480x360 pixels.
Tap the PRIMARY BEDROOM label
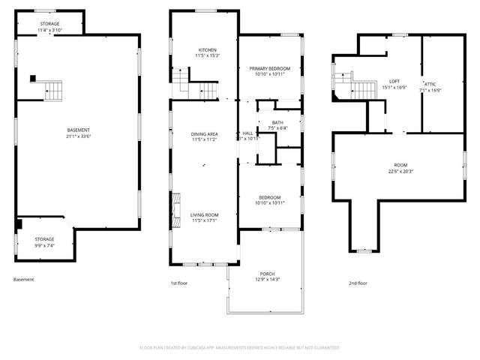(x=269, y=68)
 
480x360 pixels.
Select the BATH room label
(x=277, y=122)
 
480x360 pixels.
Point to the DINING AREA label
(x=204, y=134)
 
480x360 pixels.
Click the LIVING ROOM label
(x=204, y=214)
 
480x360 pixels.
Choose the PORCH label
(x=268, y=274)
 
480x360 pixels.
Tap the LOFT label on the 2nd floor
(x=394, y=81)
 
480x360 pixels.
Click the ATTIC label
(x=430, y=84)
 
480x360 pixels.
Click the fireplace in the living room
(x=177, y=204)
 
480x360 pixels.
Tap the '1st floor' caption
(x=179, y=283)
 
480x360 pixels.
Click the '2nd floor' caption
(x=358, y=283)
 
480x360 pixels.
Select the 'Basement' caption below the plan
(x=24, y=280)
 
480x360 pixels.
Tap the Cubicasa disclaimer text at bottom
(x=240, y=348)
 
